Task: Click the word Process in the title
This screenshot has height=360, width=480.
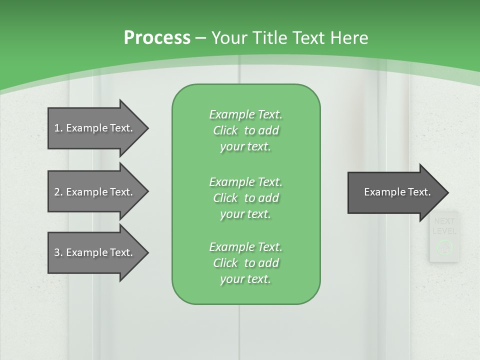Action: pos(157,38)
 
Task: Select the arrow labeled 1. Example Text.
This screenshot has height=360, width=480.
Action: pos(95,128)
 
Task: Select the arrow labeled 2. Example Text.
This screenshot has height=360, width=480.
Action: pos(95,192)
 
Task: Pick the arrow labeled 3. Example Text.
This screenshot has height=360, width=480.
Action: pos(95,252)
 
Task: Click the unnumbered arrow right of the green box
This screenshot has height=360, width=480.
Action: pos(395,192)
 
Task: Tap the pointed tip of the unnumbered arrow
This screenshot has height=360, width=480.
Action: pos(447,192)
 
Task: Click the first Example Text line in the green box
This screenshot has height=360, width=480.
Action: pos(245,114)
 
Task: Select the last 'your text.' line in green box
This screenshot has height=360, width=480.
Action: pos(245,279)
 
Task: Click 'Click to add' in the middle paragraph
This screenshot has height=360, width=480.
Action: pos(245,198)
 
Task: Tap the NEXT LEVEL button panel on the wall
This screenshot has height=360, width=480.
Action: pos(443,236)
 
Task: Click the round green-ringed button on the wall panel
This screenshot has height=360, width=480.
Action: pos(444,246)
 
